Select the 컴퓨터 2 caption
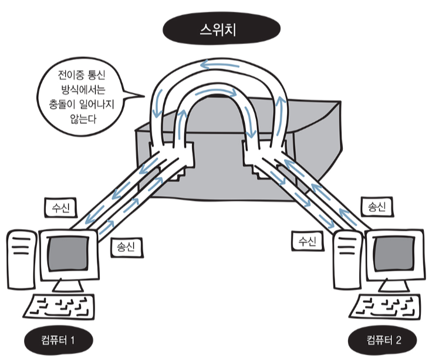click(x=383, y=339)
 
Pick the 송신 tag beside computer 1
click(x=127, y=246)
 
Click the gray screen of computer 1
click(x=67, y=254)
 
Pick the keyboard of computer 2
click(x=391, y=307)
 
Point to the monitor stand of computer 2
click(x=391, y=285)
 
